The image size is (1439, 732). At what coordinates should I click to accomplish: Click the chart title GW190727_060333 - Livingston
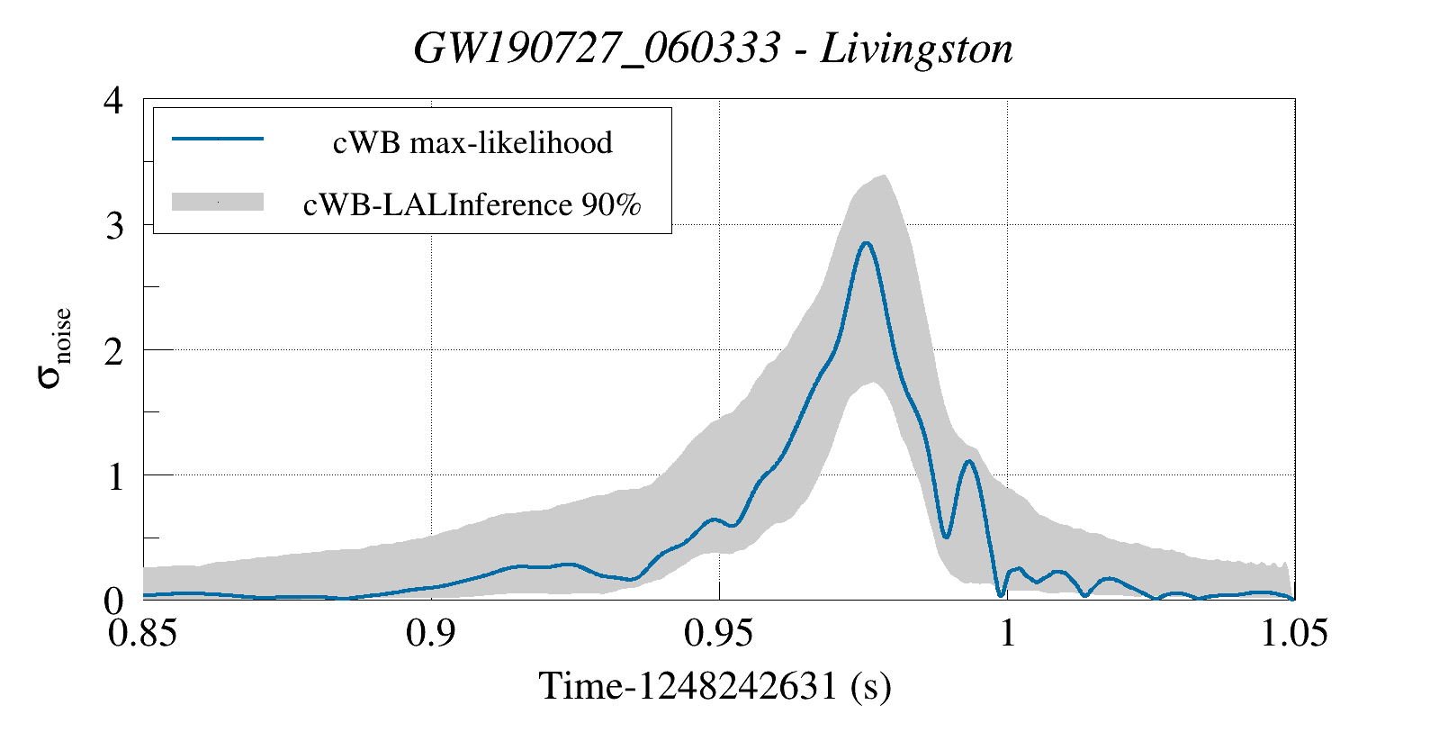(x=713, y=49)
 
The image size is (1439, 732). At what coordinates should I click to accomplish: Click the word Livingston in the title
(x=916, y=49)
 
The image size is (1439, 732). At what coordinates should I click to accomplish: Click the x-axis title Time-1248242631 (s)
(x=715, y=686)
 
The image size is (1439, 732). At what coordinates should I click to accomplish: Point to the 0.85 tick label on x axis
(x=143, y=632)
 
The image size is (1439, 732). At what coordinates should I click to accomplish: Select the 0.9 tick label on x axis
(x=431, y=632)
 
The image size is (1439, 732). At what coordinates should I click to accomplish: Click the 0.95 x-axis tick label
(x=719, y=632)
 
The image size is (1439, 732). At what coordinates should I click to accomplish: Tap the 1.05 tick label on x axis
(x=1293, y=632)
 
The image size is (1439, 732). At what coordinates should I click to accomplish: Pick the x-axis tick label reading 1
(x=1007, y=632)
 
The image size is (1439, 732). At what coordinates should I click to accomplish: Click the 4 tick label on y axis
(x=113, y=100)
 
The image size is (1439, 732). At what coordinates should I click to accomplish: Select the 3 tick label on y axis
(x=113, y=225)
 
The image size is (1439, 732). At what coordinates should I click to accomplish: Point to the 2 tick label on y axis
(x=113, y=350)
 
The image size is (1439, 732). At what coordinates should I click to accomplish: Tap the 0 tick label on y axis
(x=113, y=600)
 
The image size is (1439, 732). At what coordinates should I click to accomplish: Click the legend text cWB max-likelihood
(x=472, y=142)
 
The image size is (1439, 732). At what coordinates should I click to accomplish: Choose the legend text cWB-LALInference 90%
(x=472, y=204)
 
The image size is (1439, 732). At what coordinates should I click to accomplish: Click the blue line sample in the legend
(x=218, y=139)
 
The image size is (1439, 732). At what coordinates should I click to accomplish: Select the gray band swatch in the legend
(x=218, y=202)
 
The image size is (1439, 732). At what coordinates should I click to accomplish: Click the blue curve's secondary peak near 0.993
(x=969, y=461)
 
